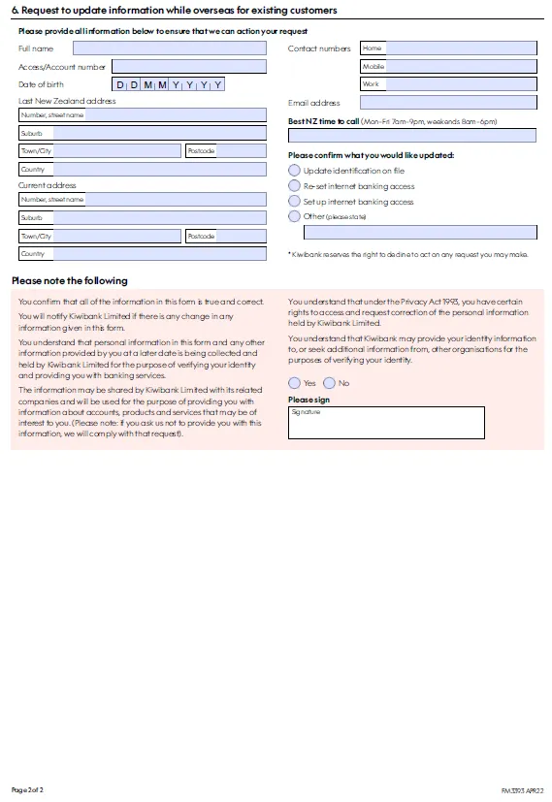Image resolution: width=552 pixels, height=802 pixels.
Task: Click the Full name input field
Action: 169,48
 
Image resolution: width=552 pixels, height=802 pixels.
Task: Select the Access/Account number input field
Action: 188,66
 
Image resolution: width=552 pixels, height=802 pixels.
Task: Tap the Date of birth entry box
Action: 170,84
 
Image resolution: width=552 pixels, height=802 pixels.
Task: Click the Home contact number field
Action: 447,48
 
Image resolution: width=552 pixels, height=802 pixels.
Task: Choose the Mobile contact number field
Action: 447,66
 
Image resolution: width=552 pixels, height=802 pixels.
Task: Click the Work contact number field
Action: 447,84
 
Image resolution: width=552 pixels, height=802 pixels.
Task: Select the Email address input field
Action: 447,102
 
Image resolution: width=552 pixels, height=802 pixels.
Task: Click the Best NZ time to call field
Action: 411,135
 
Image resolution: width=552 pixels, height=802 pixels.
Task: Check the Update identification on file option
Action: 295,170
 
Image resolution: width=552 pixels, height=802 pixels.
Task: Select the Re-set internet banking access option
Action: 295,185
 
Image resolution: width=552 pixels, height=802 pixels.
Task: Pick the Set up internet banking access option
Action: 295,201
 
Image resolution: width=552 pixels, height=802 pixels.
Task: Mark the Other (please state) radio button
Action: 295,216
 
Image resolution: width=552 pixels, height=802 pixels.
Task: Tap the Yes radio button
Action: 295,383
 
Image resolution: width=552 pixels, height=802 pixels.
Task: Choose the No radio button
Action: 329,383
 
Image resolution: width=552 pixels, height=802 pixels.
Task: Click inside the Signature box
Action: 386,423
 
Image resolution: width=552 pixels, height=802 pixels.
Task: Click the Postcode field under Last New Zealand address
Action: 225,150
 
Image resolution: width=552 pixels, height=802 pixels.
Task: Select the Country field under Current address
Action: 143,253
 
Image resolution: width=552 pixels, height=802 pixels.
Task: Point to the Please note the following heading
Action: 69,280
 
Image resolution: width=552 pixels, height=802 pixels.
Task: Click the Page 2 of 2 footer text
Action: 27,789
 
